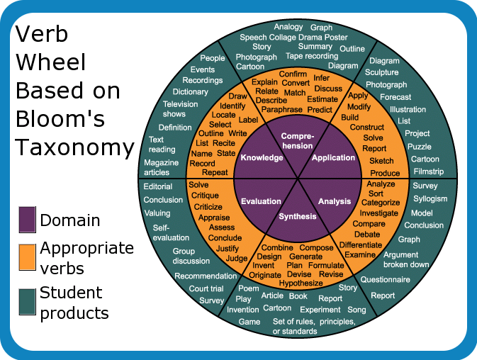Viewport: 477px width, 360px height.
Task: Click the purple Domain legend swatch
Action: click(27, 220)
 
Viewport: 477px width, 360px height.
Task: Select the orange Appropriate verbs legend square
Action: click(27, 257)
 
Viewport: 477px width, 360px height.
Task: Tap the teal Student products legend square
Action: click(27, 302)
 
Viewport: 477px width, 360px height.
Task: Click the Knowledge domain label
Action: click(262, 157)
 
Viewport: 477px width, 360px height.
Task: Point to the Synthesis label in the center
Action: click(298, 216)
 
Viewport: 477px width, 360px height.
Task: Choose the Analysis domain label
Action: click(335, 201)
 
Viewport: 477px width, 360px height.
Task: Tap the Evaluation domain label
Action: click(261, 201)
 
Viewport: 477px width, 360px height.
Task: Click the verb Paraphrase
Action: click(281, 109)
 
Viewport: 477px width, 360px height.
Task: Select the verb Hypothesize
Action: click(301, 283)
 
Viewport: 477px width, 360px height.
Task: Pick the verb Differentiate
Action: click(361, 244)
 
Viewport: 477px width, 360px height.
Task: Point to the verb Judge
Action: click(236, 259)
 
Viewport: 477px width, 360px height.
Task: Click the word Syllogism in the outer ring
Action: click(430, 199)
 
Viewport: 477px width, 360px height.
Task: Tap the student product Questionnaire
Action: click(385, 279)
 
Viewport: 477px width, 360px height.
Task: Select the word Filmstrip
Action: click(429, 171)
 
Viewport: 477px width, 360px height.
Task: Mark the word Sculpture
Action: click(381, 72)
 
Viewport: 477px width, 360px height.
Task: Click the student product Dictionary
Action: click(190, 92)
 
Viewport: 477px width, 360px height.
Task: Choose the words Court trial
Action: click(206, 288)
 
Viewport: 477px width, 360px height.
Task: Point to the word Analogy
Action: click(288, 27)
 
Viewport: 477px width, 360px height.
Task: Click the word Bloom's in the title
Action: click(60, 118)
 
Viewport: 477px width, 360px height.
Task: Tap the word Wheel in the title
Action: click(51, 62)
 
